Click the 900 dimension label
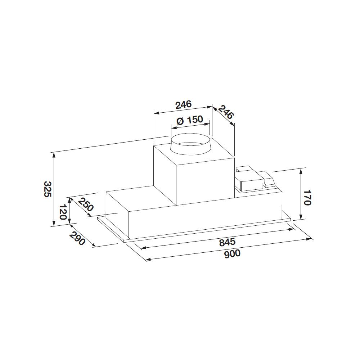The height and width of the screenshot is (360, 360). [x=232, y=253]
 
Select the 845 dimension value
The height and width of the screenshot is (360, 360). [x=227, y=242]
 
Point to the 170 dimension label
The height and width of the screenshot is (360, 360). [x=306, y=197]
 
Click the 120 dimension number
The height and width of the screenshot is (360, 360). [x=62, y=212]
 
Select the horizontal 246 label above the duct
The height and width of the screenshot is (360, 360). [x=183, y=105]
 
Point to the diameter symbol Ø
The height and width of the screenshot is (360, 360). [x=180, y=121]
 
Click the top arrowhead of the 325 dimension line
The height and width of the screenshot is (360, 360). [x=54, y=154]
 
